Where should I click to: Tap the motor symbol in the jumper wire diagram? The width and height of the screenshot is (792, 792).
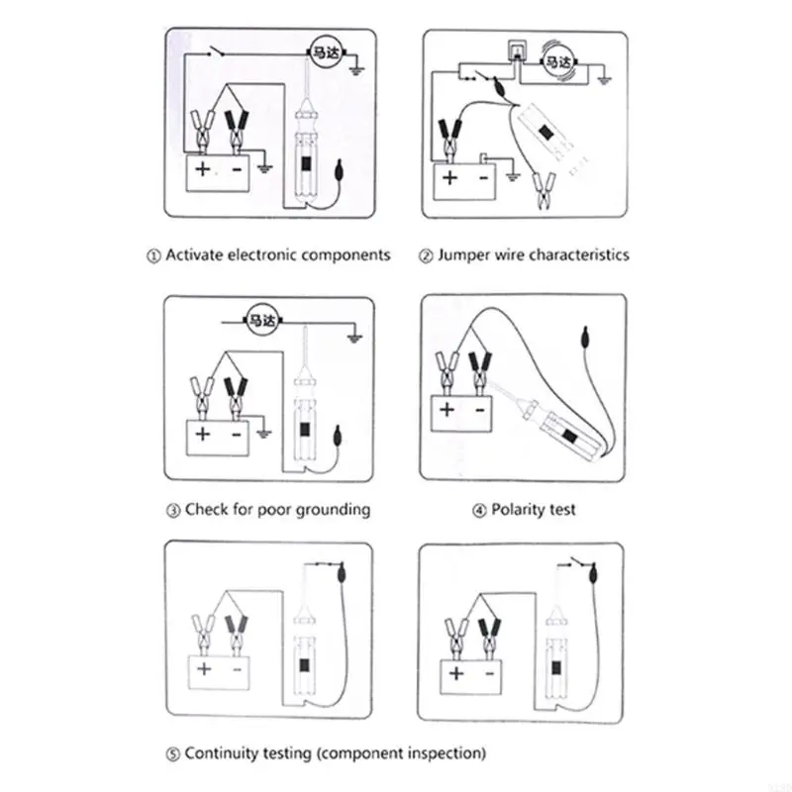[560, 63]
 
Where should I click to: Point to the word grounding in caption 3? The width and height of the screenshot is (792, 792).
[328, 510]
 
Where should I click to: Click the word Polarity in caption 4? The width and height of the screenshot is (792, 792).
[519, 510]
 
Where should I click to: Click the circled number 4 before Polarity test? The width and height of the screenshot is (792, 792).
[479, 511]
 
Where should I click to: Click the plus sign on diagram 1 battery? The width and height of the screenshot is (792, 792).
[202, 169]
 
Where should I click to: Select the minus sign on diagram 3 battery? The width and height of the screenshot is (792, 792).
[237, 433]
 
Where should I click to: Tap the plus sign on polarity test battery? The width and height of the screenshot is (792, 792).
[447, 408]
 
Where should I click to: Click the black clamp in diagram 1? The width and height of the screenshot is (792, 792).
[237, 129]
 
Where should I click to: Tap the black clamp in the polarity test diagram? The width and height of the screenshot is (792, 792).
[481, 371]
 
